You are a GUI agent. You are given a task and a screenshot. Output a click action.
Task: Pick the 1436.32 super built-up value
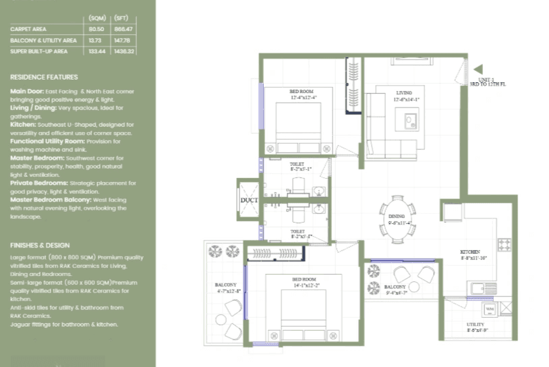(x=125, y=51)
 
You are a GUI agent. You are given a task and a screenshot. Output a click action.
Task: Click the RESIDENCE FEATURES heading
(x=44, y=77)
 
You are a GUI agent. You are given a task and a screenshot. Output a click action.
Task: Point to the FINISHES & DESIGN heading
(x=40, y=246)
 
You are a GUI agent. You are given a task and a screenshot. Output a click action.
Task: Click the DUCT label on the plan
(x=249, y=200)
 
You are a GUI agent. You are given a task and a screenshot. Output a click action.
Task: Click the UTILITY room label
(x=475, y=324)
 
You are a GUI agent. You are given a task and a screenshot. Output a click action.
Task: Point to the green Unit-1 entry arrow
(x=478, y=69)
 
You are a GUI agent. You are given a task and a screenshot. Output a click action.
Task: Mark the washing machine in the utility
(x=489, y=310)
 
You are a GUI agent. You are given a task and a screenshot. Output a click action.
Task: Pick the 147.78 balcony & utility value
(x=125, y=40)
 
